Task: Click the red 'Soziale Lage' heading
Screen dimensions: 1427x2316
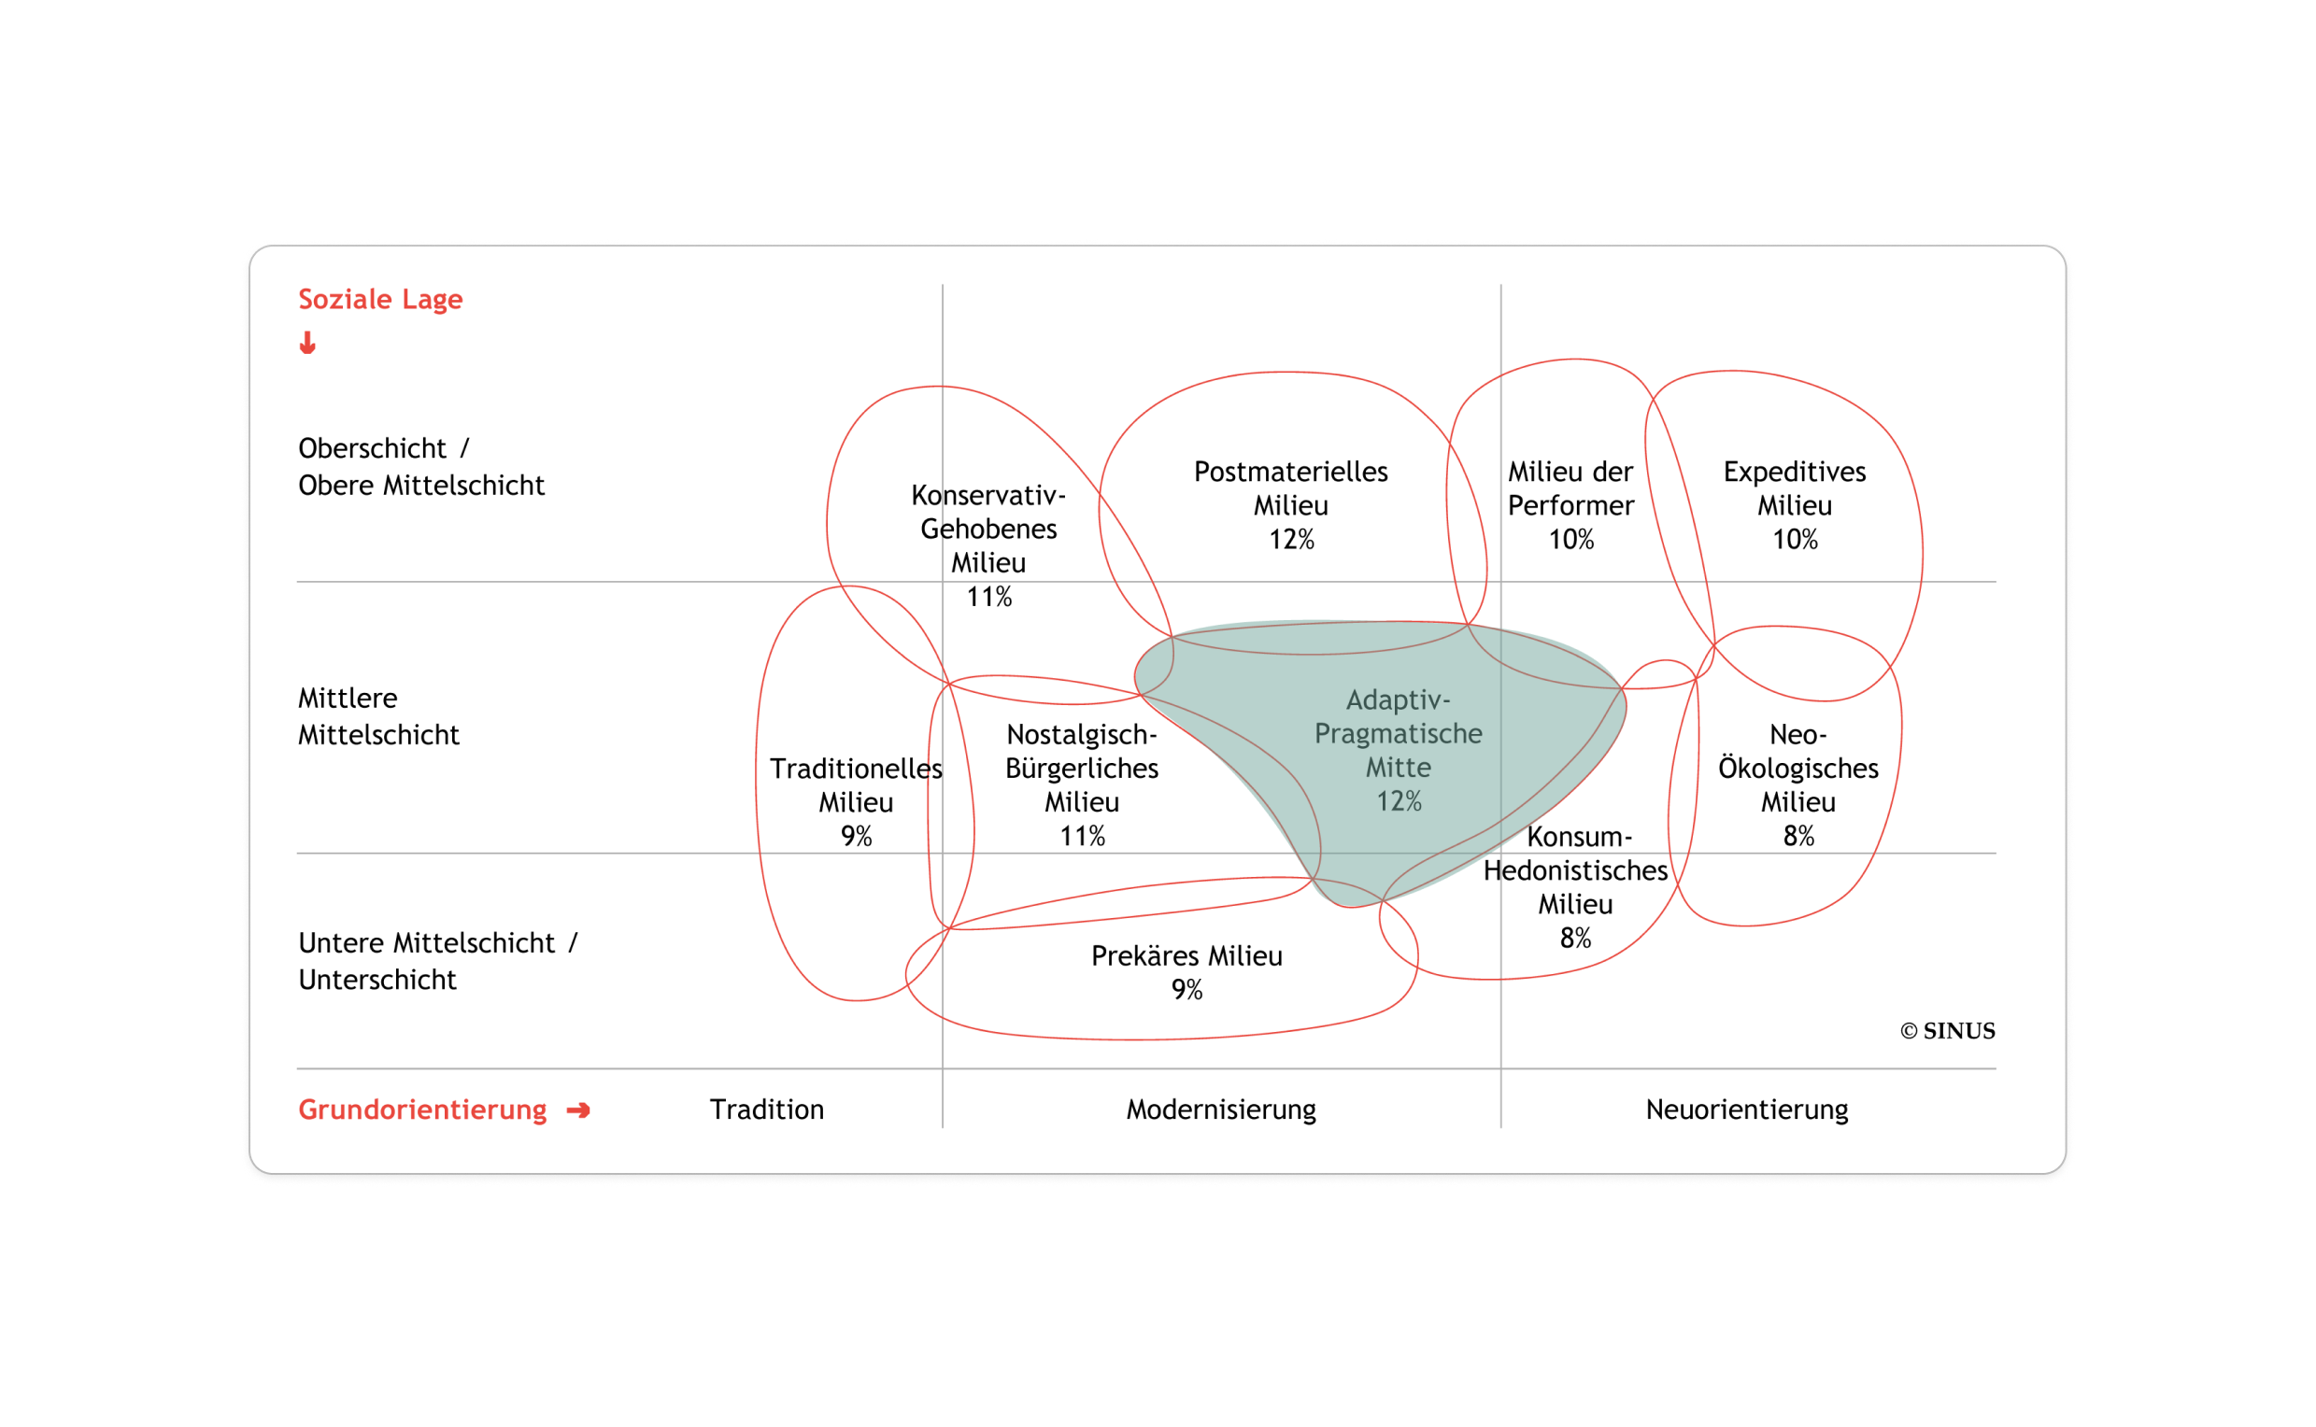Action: (380, 299)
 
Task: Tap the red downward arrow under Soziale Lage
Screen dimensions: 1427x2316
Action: (307, 343)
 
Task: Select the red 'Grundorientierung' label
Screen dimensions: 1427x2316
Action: (422, 1109)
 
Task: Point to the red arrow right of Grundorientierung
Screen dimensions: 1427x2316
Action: (577, 1109)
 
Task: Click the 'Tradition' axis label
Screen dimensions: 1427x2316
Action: (767, 1109)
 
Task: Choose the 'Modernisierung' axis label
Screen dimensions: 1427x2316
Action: (1221, 1109)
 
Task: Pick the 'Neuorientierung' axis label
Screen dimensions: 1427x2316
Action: (1747, 1109)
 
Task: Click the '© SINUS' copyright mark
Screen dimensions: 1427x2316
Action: (1948, 1031)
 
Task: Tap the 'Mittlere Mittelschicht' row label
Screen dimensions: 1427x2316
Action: (378, 716)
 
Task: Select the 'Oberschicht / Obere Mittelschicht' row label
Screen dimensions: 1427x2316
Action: (421, 466)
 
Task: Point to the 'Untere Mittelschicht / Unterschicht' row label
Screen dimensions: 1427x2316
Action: (438, 961)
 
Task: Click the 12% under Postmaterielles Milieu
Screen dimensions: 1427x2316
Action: (1290, 540)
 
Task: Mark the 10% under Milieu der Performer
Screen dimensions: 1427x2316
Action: (1571, 540)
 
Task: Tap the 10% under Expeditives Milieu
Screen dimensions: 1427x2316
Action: (1795, 540)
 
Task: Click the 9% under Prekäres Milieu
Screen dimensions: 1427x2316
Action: (1186, 990)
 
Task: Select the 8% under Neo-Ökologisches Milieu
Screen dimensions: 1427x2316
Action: (1798, 836)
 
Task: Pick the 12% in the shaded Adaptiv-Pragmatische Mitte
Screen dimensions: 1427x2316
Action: (1399, 802)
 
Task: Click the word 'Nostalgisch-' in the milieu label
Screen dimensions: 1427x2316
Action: (1082, 734)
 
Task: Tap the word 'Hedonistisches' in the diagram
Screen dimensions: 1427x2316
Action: (1576, 870)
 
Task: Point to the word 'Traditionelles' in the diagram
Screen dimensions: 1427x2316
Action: (856, 769)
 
